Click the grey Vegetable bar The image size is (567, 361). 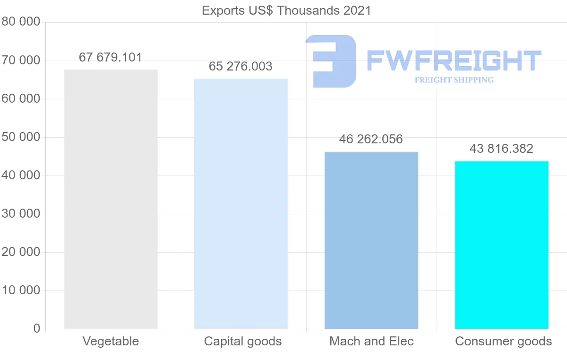point(111,199)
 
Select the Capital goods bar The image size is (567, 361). point(241,203)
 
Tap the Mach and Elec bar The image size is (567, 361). point(371,240)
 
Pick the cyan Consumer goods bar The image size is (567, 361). point(502,245)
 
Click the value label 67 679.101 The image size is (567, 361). point(111,57)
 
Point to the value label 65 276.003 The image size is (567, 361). point(241,66)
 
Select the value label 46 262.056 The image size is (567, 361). point(371,139)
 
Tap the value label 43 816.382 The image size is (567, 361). point(502,149)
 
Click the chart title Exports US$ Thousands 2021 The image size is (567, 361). point(286,10)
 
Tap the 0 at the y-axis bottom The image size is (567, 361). point(37,328)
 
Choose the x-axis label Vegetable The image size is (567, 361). point(111,341)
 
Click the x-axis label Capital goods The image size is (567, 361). point(243,341)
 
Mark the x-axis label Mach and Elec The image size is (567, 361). point(371,341)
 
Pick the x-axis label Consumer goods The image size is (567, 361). point(504,341)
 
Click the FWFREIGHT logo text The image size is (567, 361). point(454,61)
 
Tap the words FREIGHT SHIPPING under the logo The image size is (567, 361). point(454,80)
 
